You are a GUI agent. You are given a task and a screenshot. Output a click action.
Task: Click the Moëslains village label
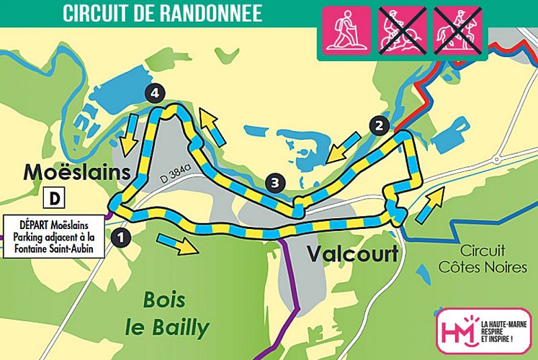click(78, 172)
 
